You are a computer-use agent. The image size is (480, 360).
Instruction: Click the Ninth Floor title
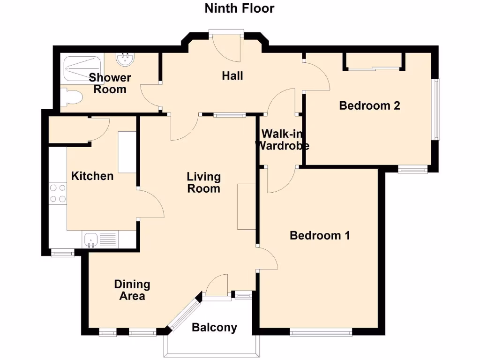click(240, 8)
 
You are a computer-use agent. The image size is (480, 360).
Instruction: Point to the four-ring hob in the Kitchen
click(58, 193)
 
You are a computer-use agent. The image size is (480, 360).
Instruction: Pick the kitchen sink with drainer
click(101, 240)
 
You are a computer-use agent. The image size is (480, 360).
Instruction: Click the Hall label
click(232, 75)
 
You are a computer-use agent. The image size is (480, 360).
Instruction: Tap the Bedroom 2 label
click(369, 105)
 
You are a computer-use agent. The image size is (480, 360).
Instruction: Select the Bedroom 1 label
click(320, 235)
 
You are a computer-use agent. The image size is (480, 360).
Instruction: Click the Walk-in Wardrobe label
click(282, 139)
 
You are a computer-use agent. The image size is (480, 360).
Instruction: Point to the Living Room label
click(203, 183)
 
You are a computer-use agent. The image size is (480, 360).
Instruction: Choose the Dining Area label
click(132, 290)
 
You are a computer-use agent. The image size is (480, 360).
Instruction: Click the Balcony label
click(214, 328)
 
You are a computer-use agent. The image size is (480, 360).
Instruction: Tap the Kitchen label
click(92, 176)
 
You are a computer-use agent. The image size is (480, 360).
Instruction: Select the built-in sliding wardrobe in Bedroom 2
click(374, 61)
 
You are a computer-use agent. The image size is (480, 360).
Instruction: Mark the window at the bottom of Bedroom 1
click(321, 333)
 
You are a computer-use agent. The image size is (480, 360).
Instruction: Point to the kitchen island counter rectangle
click(127, 152)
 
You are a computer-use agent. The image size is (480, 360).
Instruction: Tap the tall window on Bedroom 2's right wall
click(436, 109)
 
